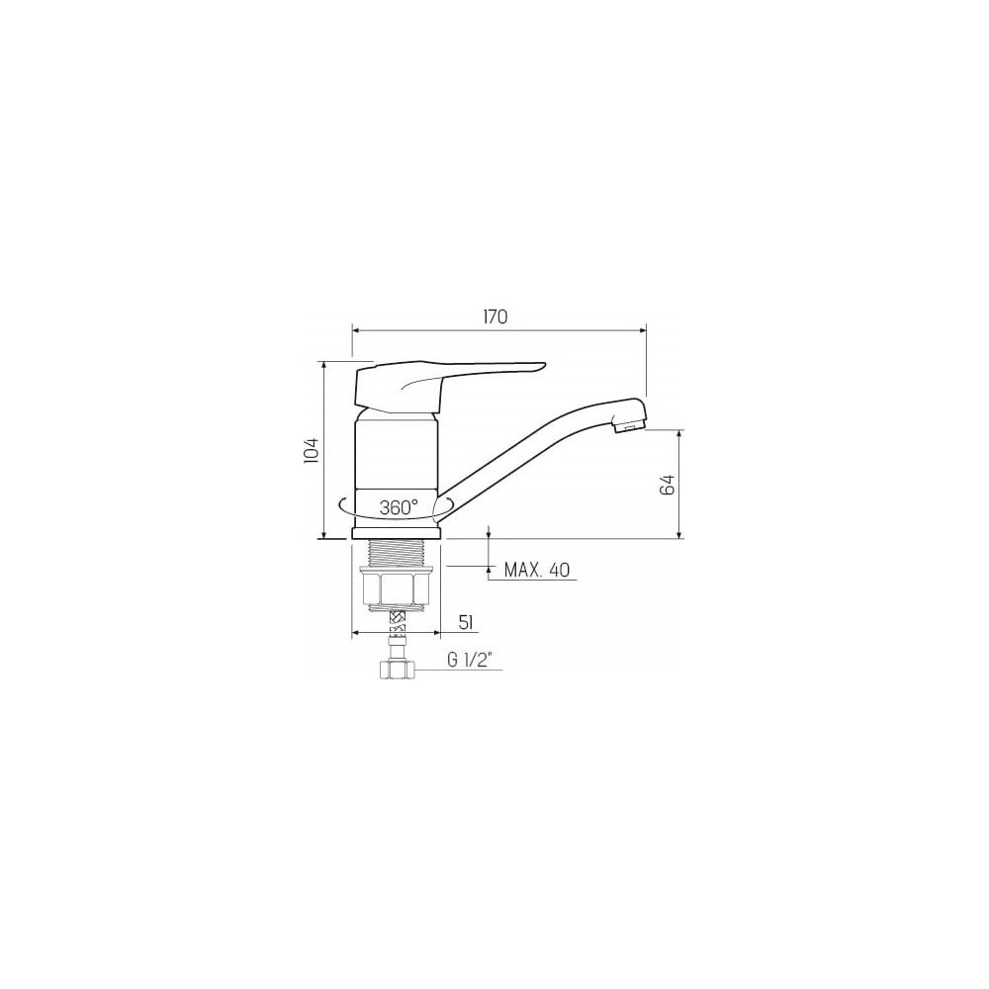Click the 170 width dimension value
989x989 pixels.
click(x=495, y=316)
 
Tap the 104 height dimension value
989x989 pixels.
click(x=313, y=450)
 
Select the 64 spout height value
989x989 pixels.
click(x=668, y=485)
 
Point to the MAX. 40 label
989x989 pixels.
click(x=537, y=571)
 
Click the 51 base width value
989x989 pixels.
click(x=466, y=623)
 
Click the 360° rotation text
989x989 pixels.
click(x=400, y=507)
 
